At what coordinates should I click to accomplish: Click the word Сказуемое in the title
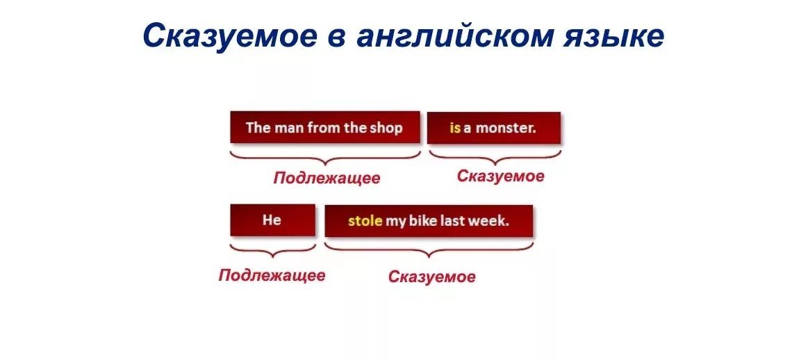click(x=230, y=36)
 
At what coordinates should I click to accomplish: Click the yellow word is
click(x=455, y=128)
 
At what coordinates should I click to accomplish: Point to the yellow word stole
click(x=365, y=221)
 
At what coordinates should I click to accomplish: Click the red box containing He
click(x=273, y=220)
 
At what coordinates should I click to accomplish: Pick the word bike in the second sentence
click(x=422, y=221)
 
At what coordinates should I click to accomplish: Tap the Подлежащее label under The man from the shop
click(x=327, y=179)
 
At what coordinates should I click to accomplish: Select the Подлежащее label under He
click(x=272, y=276)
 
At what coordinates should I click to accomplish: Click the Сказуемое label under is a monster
click(x=500, y=176)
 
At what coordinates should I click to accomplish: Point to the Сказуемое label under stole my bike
click(x=432, y=277)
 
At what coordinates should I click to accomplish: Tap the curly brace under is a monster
click(x=494, y=158)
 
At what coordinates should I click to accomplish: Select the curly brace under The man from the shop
click(x=325, y=158)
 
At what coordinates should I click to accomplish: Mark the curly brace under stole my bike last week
click(x=429, y=250)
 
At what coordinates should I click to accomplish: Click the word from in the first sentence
click(x=324, y=128)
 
